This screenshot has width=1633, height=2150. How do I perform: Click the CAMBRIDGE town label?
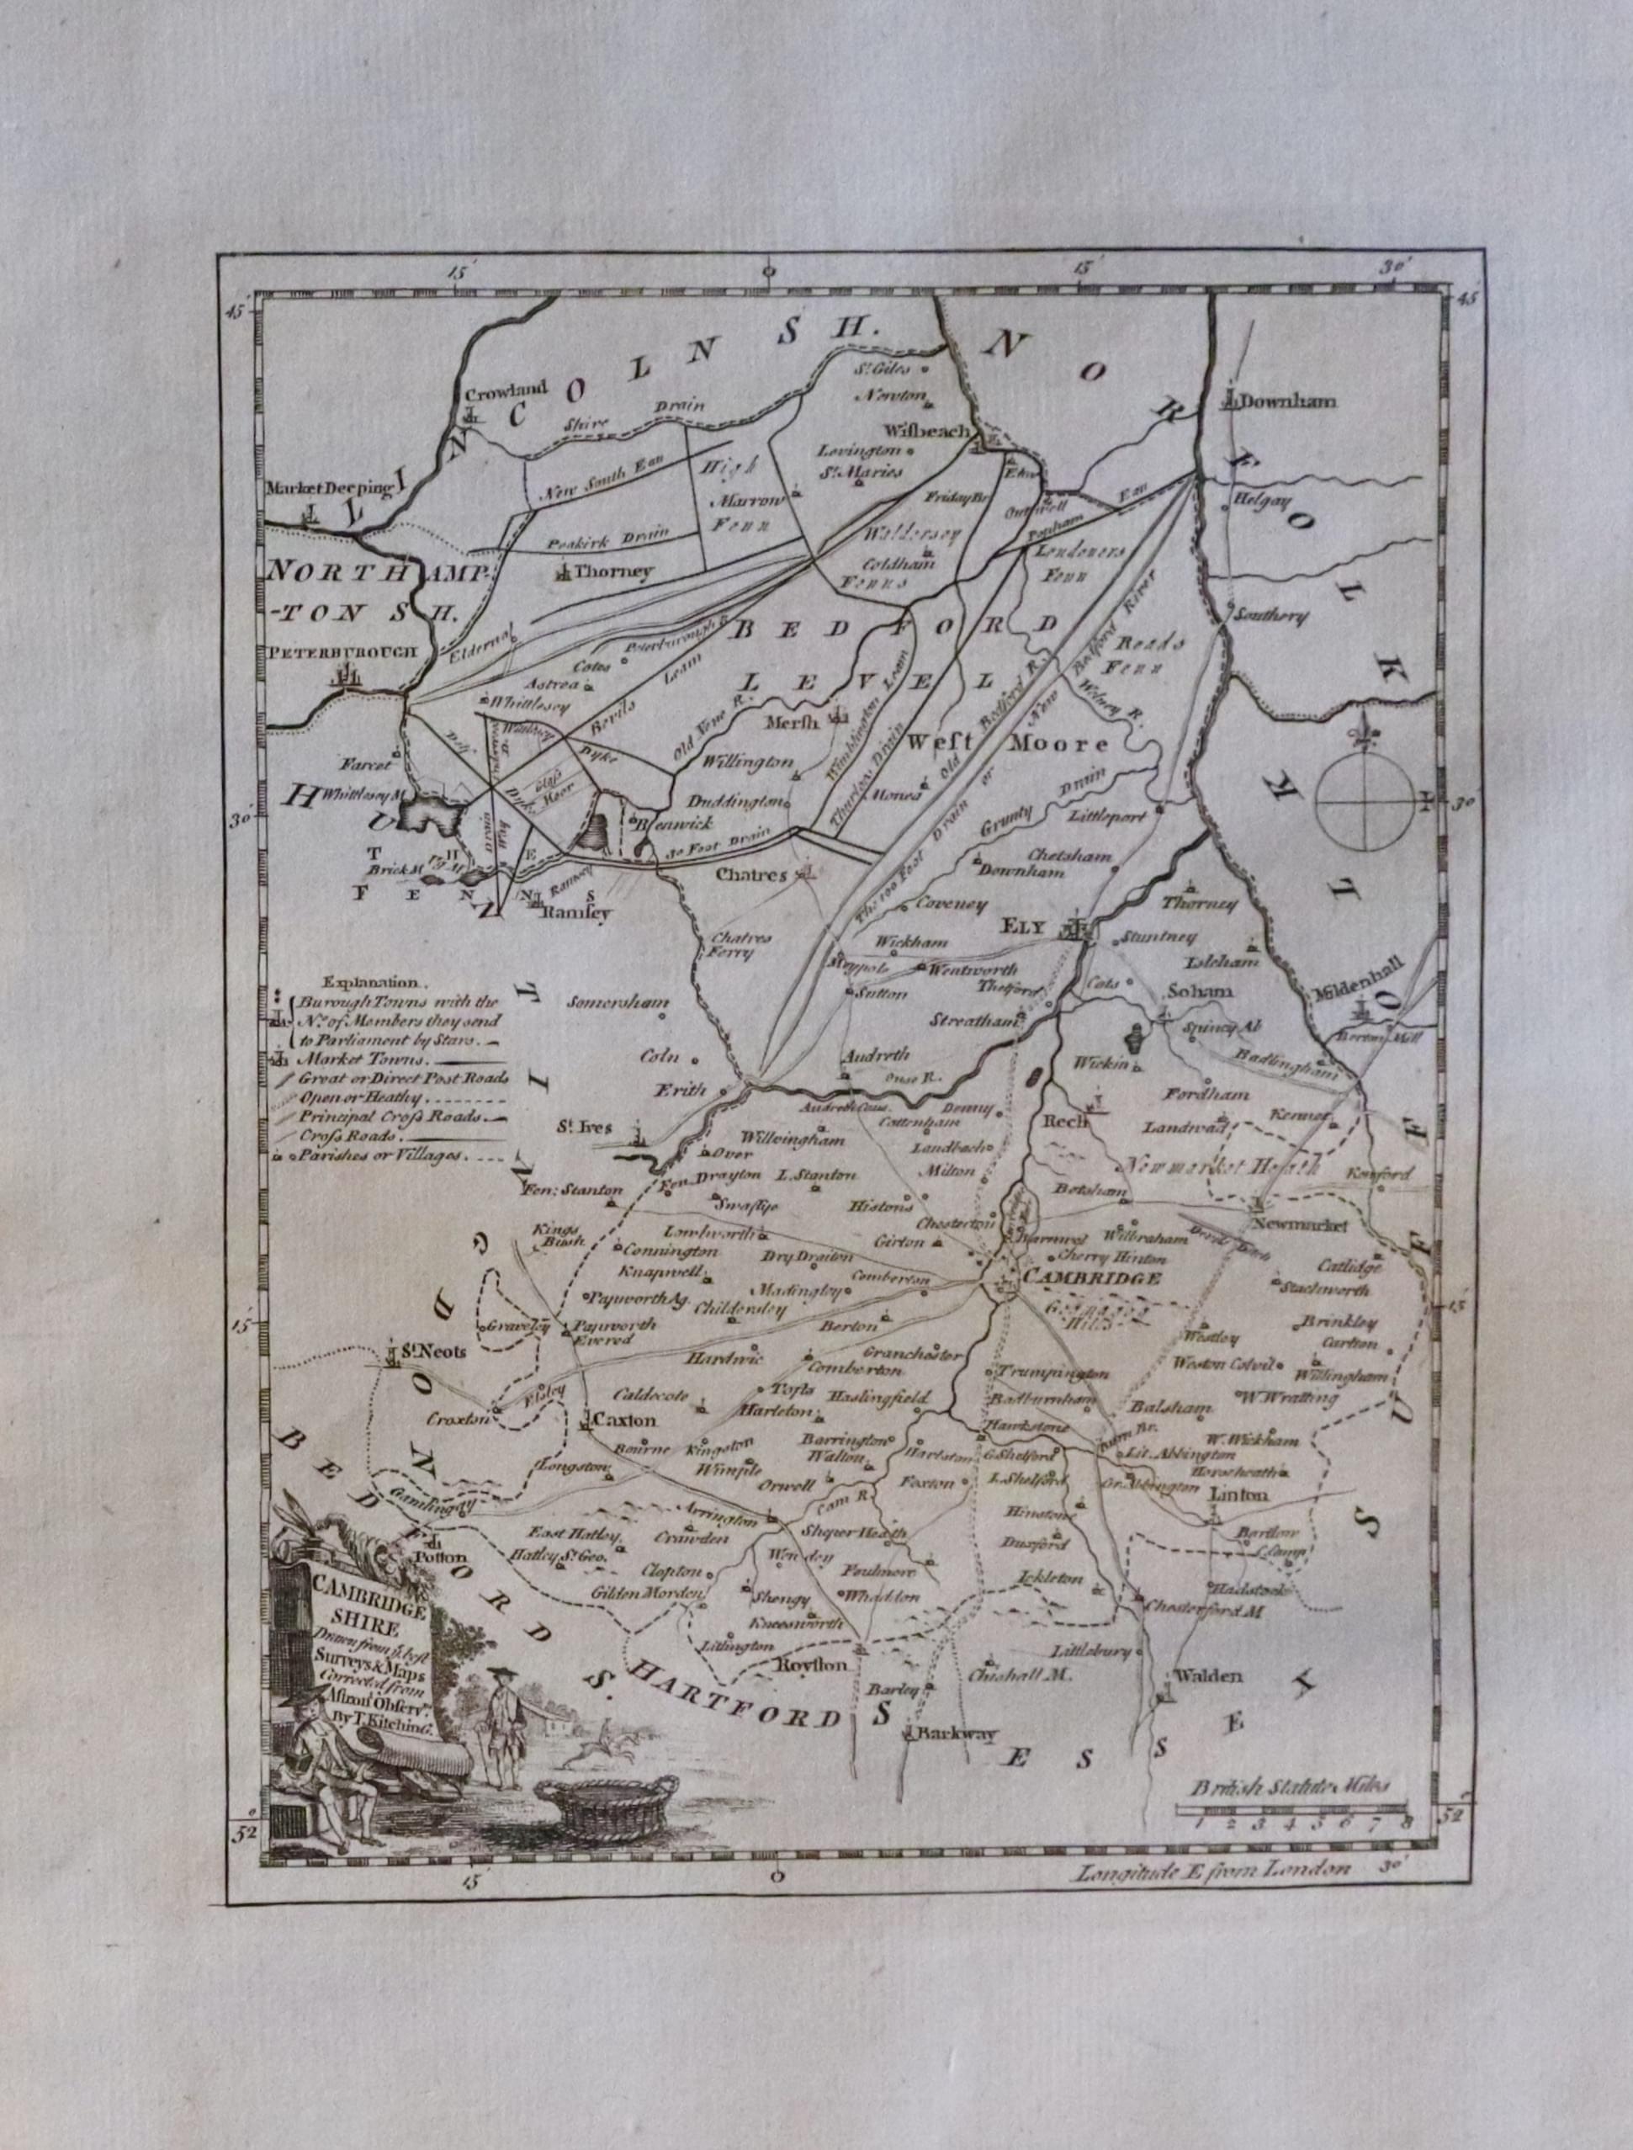tap(1091, 1278)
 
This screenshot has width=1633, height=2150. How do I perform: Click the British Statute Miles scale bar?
tap(1291, 1810)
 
